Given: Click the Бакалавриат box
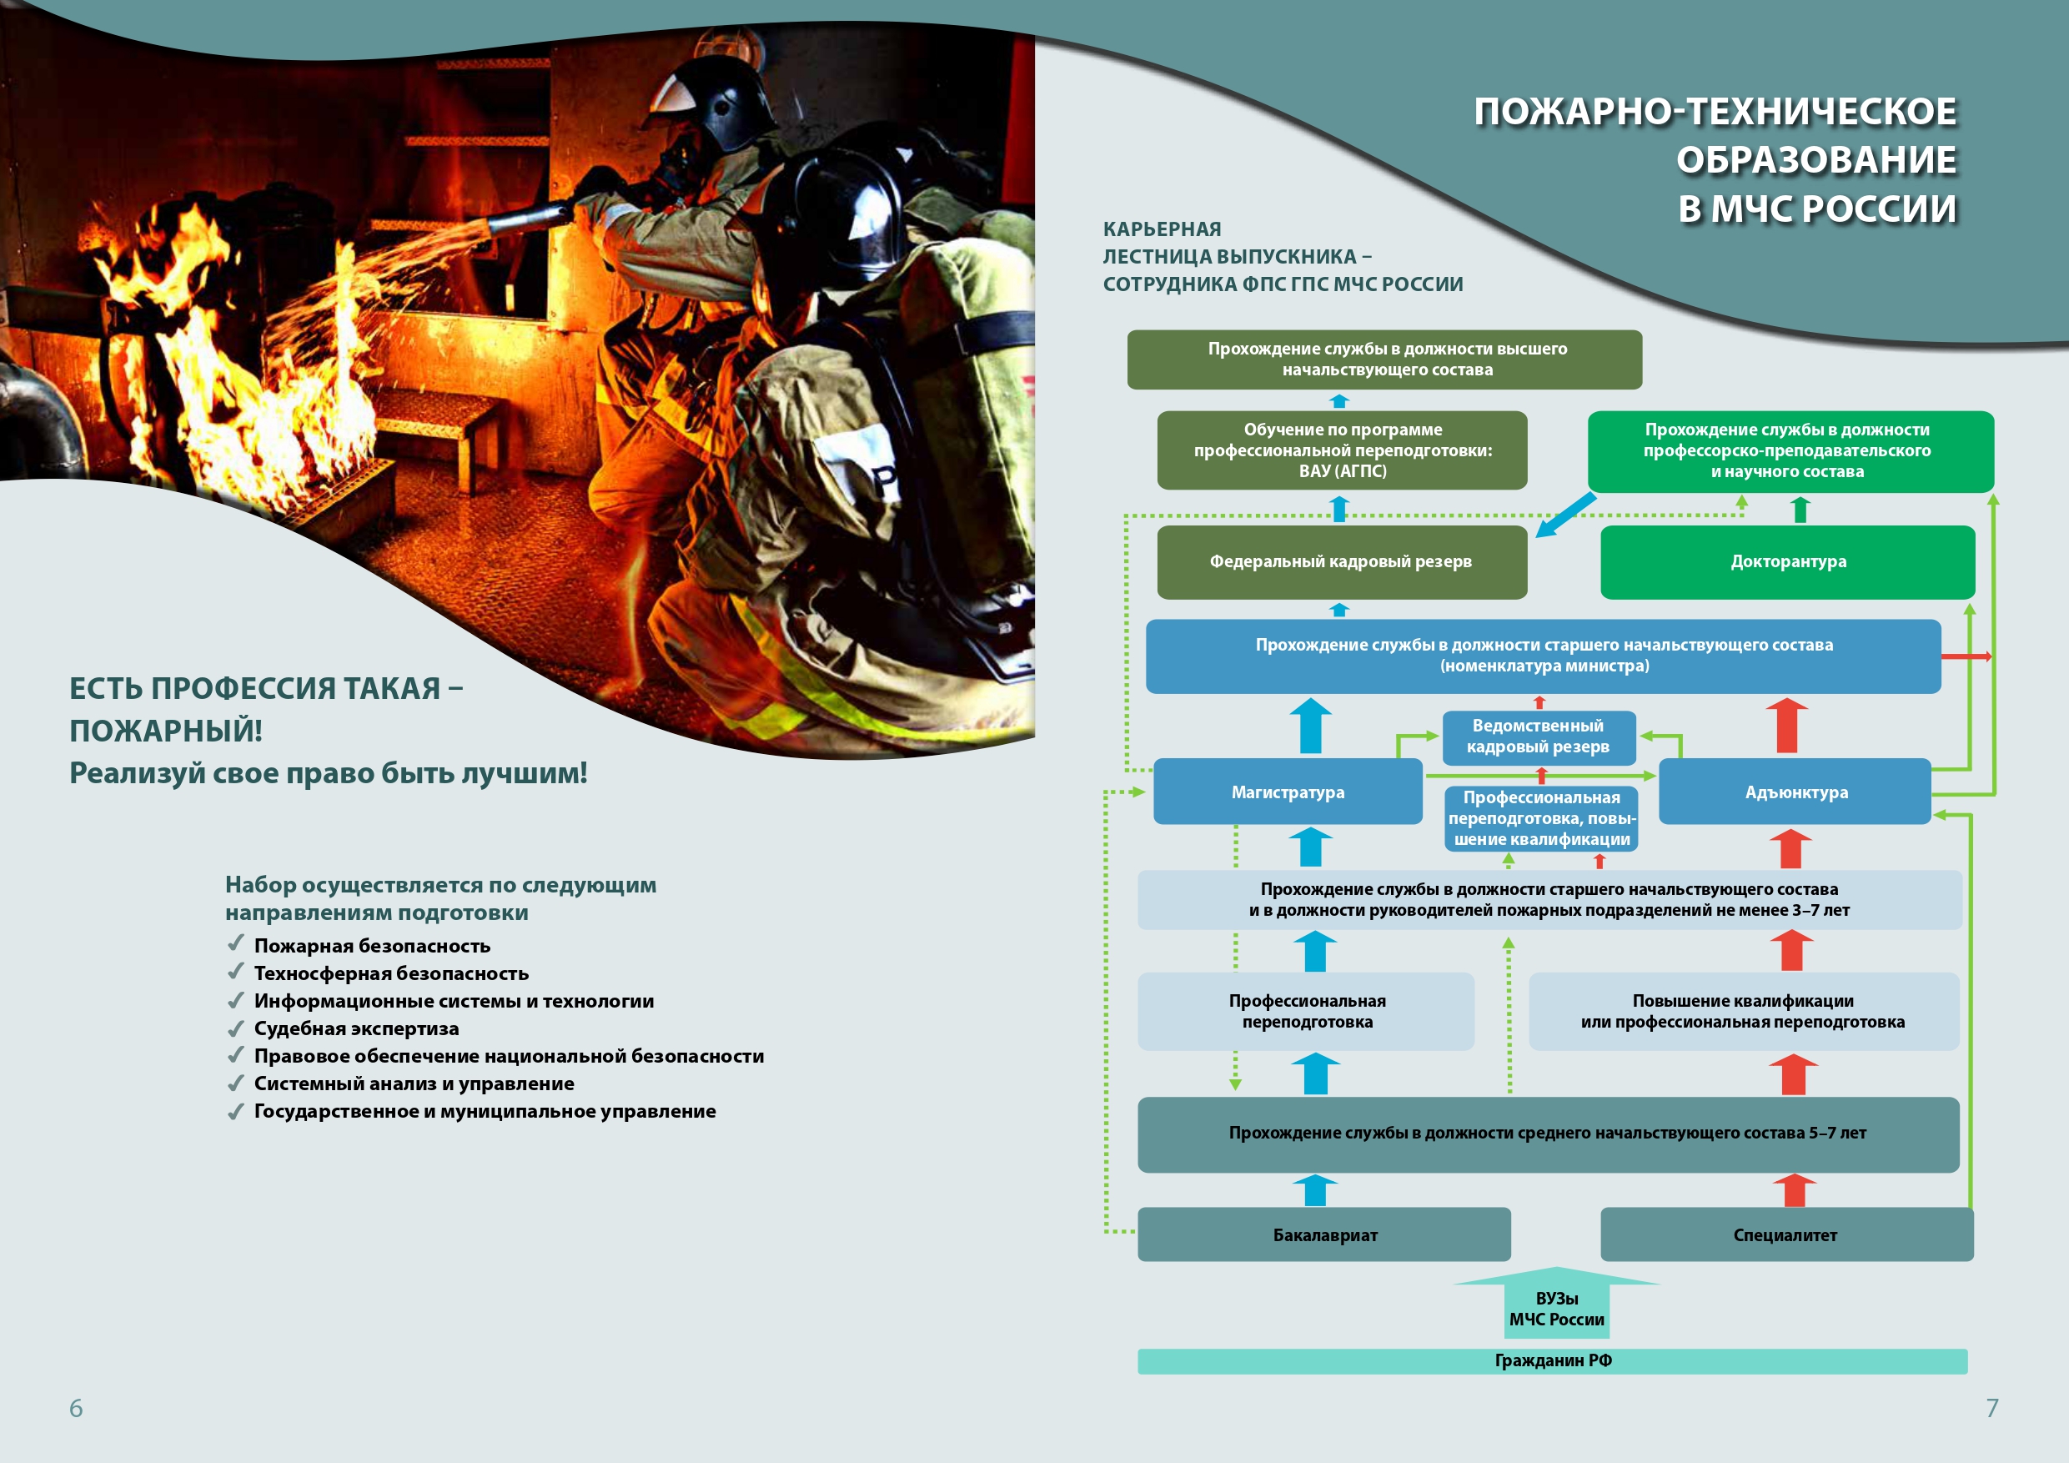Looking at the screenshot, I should tap(1323, 1234).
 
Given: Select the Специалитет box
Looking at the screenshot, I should tap(1786, 1234).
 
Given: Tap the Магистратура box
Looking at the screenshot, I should tap(1287, 792).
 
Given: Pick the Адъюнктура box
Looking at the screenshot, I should tap(1795, 792).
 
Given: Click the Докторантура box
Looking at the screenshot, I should tap(1787, 561).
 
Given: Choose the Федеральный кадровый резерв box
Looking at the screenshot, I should tap(1341, 561).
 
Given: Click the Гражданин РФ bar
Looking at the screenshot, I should tap(1552, 1360).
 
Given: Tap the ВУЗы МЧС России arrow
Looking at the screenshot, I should tap(1556, 1306).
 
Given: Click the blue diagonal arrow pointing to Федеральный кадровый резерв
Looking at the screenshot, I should tap(1565, 515).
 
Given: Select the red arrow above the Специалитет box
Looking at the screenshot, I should tap(1794, 1190).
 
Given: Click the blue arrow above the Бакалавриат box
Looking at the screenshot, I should tap(1315, 1190).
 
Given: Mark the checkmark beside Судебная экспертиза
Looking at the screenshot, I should tap(236, 1028).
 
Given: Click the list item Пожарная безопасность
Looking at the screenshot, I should tap(371, 946).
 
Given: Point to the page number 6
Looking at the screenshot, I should tap(76, 1407).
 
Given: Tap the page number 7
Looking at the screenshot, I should tap(1991, 1407).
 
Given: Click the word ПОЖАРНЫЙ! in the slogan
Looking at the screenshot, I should tap(166, 730).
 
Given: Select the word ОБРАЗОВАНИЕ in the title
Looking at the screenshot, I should tap(1815, 159).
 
